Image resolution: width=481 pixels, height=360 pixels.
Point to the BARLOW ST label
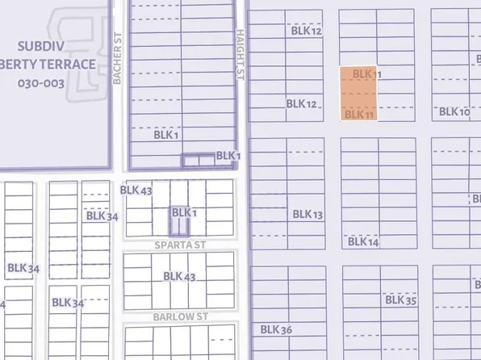(x=181, y=317)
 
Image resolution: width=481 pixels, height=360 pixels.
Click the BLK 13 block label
(x=307, y=214)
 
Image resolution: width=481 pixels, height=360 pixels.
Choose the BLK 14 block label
(x=362, y=241)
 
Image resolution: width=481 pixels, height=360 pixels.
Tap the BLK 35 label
(x=400, y=299)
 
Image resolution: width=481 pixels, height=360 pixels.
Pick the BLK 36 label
(x=276, y=329)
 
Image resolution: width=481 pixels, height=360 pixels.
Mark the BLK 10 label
(x=454, y=111)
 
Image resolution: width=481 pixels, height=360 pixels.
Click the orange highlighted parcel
(x=356, y=93)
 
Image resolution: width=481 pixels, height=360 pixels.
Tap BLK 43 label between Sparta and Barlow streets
(x=179, y=276)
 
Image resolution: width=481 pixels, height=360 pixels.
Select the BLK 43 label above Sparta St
(x=136, y=190)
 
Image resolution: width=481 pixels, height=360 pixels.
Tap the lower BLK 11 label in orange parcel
(x=360, y=115)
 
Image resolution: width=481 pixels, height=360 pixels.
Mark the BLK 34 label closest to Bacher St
(x=102, y=216)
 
